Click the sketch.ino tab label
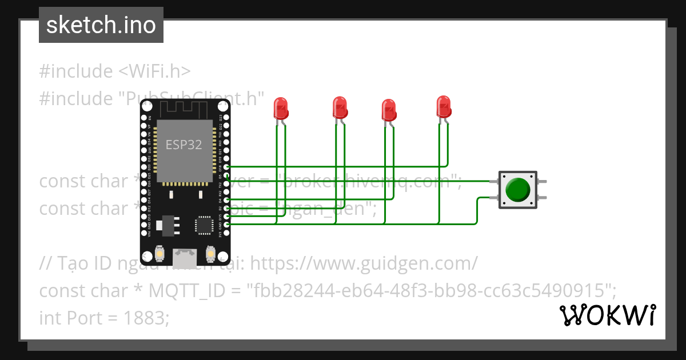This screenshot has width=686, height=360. tap(101, 25)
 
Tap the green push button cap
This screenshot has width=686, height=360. tap(517, 189)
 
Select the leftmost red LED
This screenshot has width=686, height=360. tap(281, 108)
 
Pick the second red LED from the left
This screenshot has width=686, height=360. tap(340, 108)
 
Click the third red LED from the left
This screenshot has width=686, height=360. tap(389, 110)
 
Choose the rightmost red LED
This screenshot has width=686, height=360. tap(444, 107)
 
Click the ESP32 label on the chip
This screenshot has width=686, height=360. tap(184, 145)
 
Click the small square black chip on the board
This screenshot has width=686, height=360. tap(204, 224)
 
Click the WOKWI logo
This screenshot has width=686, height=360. tap(608, 315)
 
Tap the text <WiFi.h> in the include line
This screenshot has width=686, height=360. tap(155, 71)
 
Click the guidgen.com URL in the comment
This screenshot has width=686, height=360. tap(364, 263)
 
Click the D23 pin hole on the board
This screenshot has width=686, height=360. tap(227, 116)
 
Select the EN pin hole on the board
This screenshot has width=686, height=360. tap(144, 116)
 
